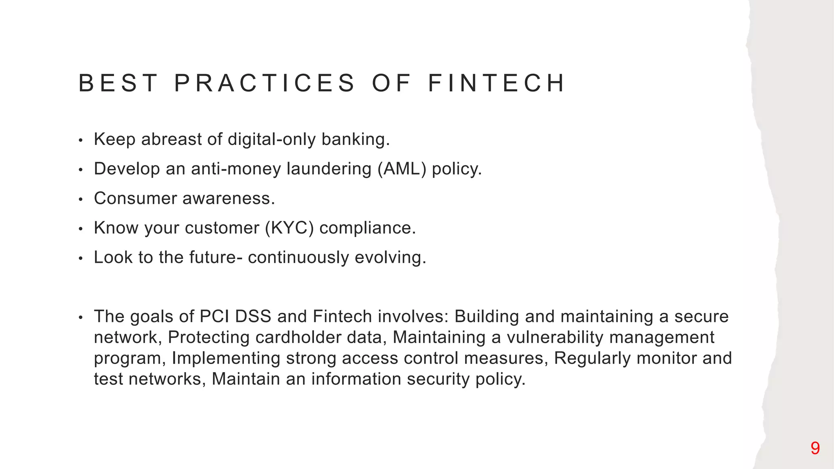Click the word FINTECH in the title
coord(496,83)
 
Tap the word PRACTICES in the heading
coord(265,83)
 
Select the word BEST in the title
coord(118,83)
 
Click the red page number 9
coord(815,448)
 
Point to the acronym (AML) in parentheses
coord(402,169)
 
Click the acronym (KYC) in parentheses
coord(289,228)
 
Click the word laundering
coord(329,169)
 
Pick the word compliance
coord(367,228)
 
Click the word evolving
coord(390,257)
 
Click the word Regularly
coord(592,358)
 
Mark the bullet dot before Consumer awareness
coord(81,199)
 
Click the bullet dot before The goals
coord(81,318)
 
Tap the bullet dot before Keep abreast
coord(81,140)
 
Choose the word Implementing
coord(226,358)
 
